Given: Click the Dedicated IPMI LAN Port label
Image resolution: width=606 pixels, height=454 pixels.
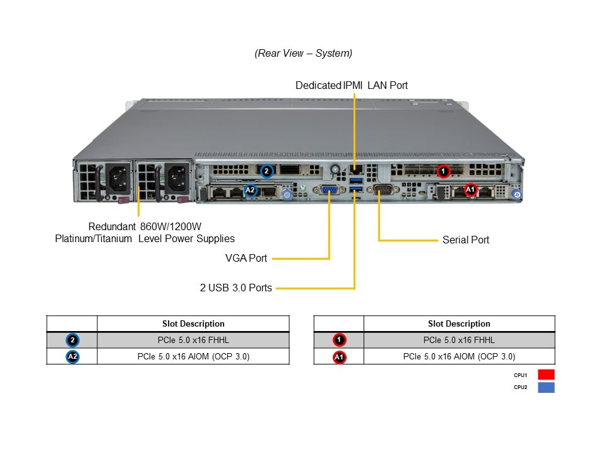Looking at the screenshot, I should click(352, 85).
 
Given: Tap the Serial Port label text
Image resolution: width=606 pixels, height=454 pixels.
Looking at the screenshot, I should click(466, 240).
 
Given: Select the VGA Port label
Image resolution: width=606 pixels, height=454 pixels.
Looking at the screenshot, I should click(246, 258).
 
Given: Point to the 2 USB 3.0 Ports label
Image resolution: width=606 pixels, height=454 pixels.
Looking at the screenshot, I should click(236, 288).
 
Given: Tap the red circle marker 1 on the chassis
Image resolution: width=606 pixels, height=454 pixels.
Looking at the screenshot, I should click(443, 170).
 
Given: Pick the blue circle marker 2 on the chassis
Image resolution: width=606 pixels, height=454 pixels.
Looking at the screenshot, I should click(266, 170).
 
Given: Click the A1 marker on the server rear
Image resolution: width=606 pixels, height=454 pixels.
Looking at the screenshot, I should click(470, 189).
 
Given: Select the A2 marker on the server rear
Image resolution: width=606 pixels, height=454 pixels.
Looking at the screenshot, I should click(250, 189).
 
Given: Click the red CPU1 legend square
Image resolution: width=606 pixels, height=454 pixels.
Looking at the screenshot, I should click(546, 374).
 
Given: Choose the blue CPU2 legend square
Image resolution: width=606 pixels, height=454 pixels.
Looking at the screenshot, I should click(546, 387).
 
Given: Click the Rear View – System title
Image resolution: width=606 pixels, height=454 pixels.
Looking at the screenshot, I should click(304, 54).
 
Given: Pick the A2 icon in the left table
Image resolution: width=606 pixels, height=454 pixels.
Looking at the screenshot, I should click(73, 357).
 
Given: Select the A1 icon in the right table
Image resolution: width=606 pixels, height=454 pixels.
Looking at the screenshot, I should click(339, 357).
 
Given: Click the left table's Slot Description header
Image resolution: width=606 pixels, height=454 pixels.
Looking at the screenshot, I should click(193, 323).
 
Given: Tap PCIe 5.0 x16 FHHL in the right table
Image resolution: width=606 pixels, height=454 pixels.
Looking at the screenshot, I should click(459, 340).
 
